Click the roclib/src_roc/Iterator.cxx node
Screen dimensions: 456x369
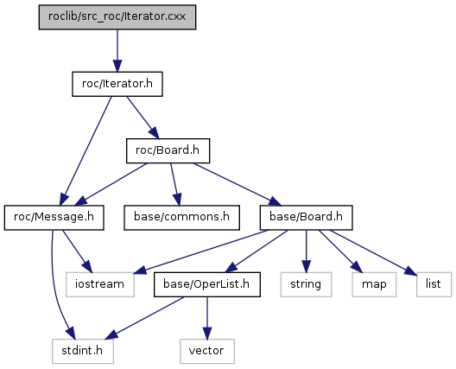pos(117,17)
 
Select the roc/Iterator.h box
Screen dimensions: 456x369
pos(117,84)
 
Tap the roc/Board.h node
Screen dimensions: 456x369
pos(168,150)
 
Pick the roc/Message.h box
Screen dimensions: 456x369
pos(54,218)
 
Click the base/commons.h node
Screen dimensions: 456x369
pos(181,218)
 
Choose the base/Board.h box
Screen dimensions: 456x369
pos(307,218)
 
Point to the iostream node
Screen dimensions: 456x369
pos(100,284)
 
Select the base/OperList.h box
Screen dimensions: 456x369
pos(207,284)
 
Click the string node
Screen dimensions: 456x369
pos(306,284)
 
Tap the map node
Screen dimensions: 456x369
pos(374,284)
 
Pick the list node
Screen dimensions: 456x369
pos(434,284)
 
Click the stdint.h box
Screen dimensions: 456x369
pos(83,351)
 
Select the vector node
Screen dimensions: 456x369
pos(207,351)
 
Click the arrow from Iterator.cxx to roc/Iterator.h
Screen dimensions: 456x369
pos(117,51)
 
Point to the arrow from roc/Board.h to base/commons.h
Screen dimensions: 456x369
pos(174,185)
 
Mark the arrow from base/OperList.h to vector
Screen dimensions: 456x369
pos(207,318)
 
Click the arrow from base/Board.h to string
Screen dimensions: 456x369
pos(306,251)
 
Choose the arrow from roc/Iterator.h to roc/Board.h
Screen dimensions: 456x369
pos(142,118)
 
